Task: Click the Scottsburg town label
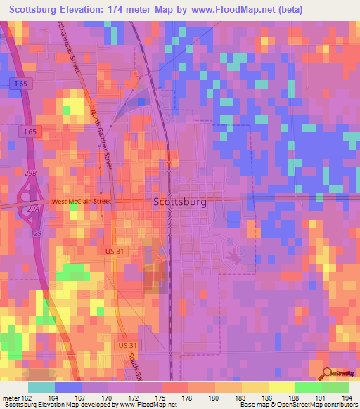click(x=180, y=202)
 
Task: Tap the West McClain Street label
click(x=81, y=202)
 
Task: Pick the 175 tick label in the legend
click(x=162, y=397)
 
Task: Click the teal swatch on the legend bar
click(x=41, y=387)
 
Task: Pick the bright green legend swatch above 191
click(x=309, y=387)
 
